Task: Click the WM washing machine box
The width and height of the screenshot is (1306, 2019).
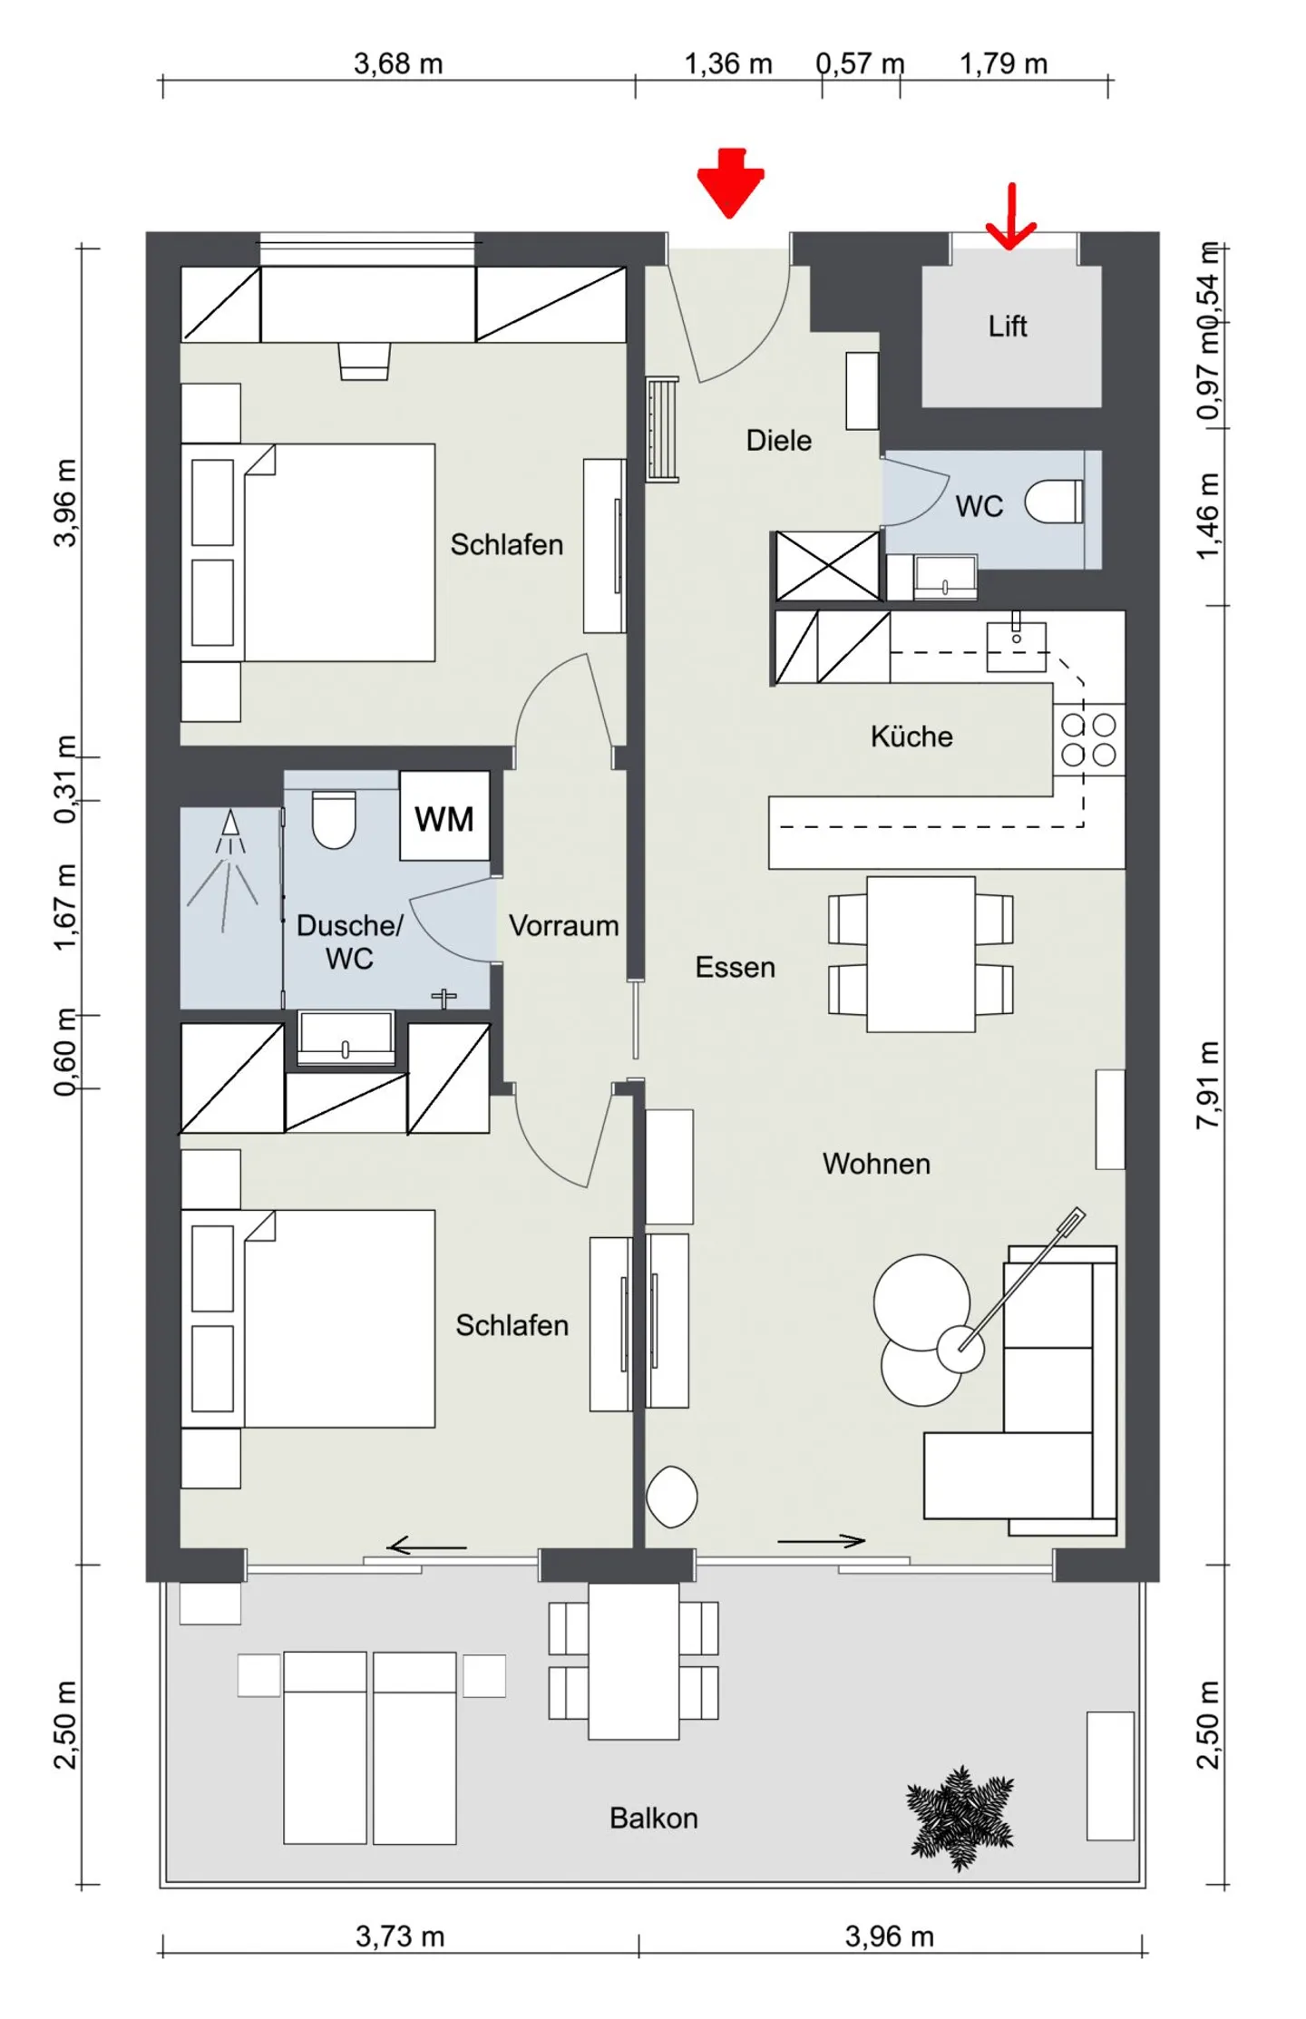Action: point(444,815)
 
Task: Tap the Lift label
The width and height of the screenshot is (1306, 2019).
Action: point(1007,326)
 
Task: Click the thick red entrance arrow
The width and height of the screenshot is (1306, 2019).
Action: point(730,182)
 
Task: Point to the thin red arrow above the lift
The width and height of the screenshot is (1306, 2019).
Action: point(1010,216)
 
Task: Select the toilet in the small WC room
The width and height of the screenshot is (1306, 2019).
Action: point(1053,501)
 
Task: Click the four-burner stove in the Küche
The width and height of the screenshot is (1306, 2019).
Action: point(1088,739)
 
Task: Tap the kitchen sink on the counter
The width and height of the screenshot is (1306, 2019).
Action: point(1016,645)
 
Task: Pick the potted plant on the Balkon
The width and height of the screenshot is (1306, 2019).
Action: point(960,1817)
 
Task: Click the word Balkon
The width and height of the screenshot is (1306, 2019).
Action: point(653,1818)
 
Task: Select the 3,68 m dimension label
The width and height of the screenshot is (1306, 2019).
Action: point(398,63)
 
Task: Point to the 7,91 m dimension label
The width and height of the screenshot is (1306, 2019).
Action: point(1207,1084)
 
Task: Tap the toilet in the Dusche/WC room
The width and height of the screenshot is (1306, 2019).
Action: point(334,819)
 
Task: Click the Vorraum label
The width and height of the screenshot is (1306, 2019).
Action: point(563,925)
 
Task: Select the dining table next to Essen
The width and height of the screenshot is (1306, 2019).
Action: point(921,953)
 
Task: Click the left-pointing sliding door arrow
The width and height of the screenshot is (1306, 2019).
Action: point(426,1546)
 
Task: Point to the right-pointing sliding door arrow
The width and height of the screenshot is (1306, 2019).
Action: point(821,1540)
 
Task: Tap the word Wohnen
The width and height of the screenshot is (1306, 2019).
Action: point(876,1163)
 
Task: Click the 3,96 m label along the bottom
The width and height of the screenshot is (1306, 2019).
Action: point(889,1936)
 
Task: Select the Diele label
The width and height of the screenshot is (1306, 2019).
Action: point(778,440)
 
